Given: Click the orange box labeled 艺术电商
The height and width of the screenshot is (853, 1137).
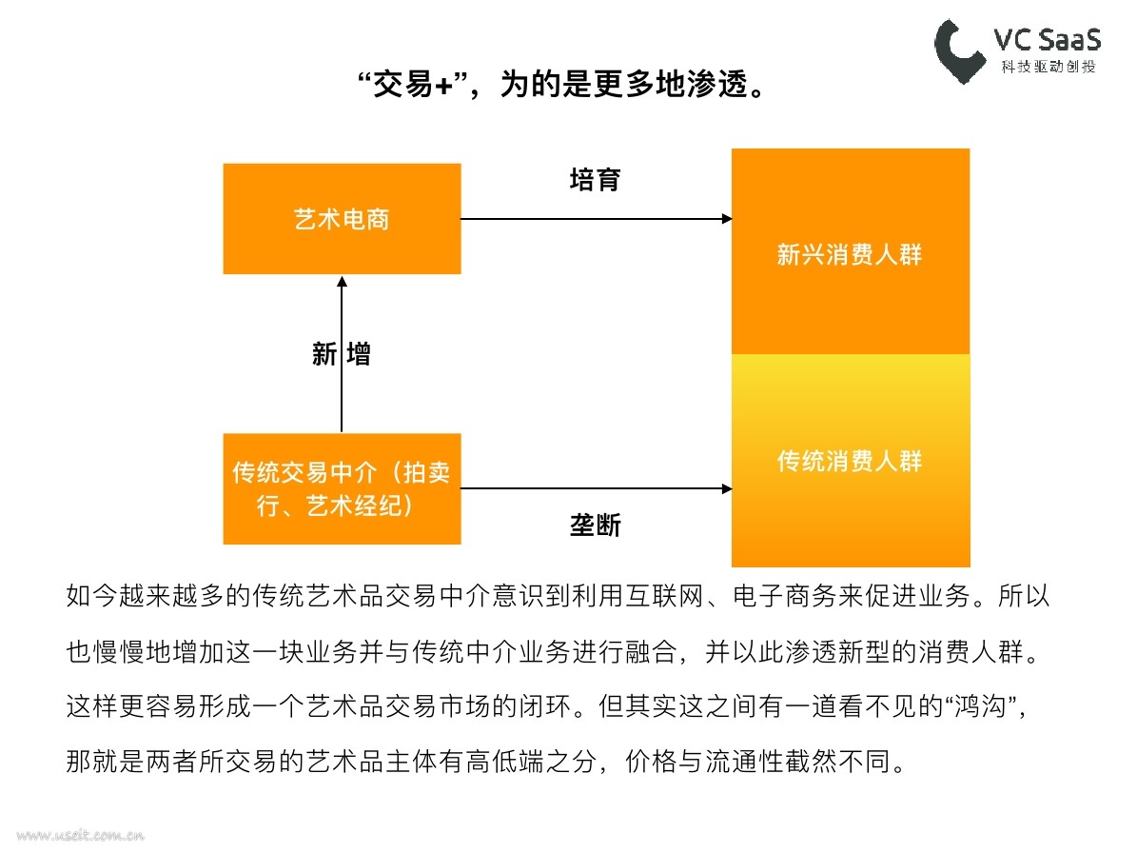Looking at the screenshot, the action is point(342,218).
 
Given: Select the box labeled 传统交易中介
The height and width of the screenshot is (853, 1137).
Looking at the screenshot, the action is point(342,489).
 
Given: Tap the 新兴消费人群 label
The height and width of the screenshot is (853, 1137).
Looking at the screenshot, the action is point(849,254).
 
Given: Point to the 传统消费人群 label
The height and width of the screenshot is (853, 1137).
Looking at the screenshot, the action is point(849,461).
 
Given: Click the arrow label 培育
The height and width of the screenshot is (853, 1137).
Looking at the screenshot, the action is point(595,179).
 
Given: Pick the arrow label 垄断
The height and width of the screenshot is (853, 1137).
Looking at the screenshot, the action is point(595,525).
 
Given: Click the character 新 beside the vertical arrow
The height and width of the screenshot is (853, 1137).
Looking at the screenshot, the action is point(324,354).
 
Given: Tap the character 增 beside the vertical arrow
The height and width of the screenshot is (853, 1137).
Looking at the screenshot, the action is point(359,354).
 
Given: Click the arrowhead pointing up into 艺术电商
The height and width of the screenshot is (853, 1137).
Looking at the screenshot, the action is point(342,282).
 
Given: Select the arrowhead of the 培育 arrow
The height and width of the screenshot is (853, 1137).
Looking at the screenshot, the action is point(727,218).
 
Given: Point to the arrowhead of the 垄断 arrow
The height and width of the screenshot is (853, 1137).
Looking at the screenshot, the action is point(727,489).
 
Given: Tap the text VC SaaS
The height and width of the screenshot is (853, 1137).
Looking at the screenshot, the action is point(1047,39).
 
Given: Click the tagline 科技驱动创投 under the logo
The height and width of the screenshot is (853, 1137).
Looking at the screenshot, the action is point(1049,67).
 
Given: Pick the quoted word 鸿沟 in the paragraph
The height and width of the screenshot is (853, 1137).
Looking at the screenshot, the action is point(980,705).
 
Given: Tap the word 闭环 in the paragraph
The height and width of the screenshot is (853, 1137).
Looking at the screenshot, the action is point(545,705).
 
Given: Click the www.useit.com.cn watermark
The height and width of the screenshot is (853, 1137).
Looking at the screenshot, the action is point(80,836).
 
